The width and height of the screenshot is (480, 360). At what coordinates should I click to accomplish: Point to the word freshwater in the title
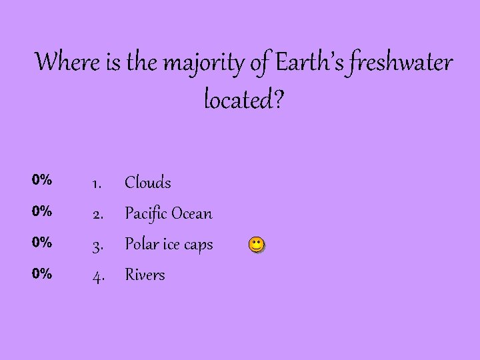[x=399, y=63]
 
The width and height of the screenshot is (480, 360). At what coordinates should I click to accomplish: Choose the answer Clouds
[x=148, y=183]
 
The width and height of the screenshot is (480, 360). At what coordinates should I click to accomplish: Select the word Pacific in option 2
[x=146, y=214]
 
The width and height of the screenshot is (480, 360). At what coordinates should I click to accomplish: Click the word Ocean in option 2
[x=192, y=214]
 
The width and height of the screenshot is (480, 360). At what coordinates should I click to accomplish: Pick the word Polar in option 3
[x=141, y=245]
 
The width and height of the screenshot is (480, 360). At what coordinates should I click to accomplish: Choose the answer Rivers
[x=145, y=275]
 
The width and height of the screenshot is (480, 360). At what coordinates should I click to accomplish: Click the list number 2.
[x=97, y=214]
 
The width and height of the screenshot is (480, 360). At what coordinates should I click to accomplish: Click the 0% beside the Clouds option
[x=42, y=179]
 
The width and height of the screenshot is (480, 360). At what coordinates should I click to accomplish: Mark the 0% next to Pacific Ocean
[x=42, y=211]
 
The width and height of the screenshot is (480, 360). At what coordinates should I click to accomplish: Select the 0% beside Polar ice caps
[x=42, y=242]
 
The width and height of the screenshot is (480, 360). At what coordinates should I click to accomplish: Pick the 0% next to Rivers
[x=42, y=273]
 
